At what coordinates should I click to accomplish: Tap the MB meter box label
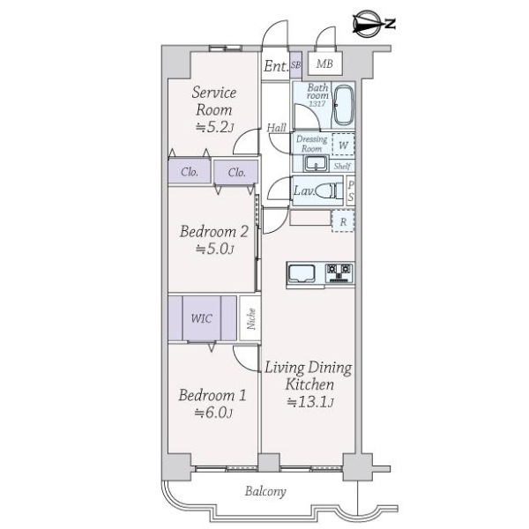(324, 63)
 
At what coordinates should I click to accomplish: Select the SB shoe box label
(295, 64)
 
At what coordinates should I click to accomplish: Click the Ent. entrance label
(276, 66)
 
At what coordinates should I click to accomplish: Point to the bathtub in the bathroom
(343, 105)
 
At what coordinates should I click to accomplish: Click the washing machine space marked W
(343, 145)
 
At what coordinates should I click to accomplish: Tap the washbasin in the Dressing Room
(317, 164)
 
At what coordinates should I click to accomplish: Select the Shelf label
(342, 166)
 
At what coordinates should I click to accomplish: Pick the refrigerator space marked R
(343, 221)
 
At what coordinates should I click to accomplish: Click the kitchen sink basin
(302, 273)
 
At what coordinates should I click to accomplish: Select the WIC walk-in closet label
(202, 318)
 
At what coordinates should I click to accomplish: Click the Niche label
(251, 319)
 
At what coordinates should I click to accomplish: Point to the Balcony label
(265, 491)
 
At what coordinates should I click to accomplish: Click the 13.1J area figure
(310, 402)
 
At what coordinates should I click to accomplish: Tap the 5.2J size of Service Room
(214, 127)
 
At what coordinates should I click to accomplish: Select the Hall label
(276, 128)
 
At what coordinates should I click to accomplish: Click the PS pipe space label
(351, 191)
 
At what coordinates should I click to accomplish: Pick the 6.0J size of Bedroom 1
(213, 413)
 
